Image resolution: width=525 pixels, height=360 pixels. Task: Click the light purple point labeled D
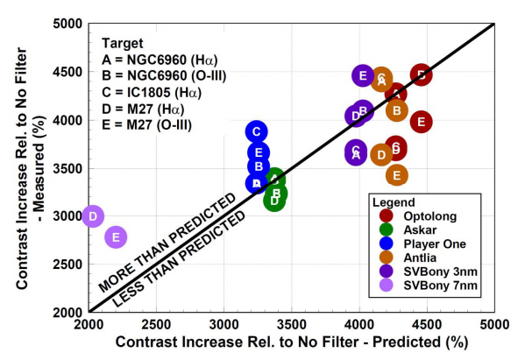[93, 215]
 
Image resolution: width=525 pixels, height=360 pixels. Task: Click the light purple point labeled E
[116, 236]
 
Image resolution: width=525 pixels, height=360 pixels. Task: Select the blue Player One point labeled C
[256, 131]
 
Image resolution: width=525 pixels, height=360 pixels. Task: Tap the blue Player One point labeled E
[258, 152]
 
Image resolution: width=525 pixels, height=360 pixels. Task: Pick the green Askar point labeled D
[274, 200]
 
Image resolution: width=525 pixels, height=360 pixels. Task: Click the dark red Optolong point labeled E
[420, 122]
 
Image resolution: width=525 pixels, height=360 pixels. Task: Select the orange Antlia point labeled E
[396, 175]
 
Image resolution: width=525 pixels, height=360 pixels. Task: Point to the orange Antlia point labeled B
[396, 110]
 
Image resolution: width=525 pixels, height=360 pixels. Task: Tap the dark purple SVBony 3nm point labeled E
[363, 76]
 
